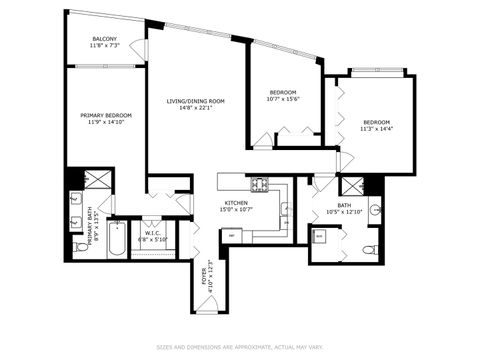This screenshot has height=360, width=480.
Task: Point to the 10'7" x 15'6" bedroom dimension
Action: click(x=284, y=99)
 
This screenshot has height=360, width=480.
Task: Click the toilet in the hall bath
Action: click(x=367, y=248)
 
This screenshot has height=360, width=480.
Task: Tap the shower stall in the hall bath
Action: click(x=351, y=185)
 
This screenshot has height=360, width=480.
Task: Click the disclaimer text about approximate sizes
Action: click(x=240, y=347)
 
